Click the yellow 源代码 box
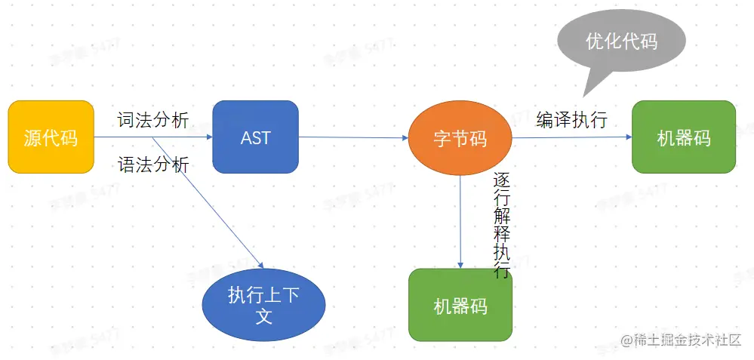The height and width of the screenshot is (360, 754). tap(51, 137)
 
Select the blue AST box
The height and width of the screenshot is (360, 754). tap(255, 137)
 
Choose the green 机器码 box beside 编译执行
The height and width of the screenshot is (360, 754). tap(683, 137)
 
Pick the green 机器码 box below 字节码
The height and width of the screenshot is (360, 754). tap(460, 305)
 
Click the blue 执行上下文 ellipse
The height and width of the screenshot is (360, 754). tap(263, 304)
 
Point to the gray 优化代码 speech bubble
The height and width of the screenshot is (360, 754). tap(621, 41)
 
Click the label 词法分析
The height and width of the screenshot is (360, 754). tap(153, 121)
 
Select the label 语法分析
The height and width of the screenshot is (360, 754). tap(153, 165)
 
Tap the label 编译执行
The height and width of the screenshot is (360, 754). tap(571, 120)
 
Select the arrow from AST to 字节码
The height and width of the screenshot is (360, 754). tap(353, 137)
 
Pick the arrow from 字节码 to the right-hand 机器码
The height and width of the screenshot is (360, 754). tap(571, 137)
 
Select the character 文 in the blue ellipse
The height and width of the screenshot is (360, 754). tap(263, 315)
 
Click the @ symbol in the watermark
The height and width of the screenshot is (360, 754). tap(626, 340)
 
